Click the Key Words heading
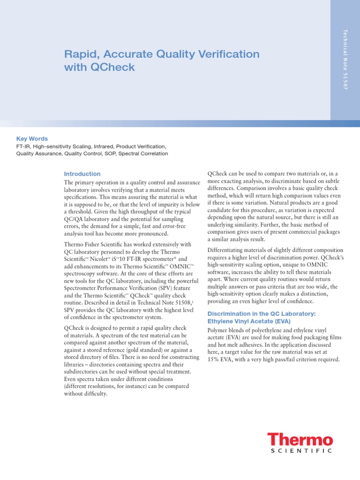point(32,139)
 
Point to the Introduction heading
point(82,174)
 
